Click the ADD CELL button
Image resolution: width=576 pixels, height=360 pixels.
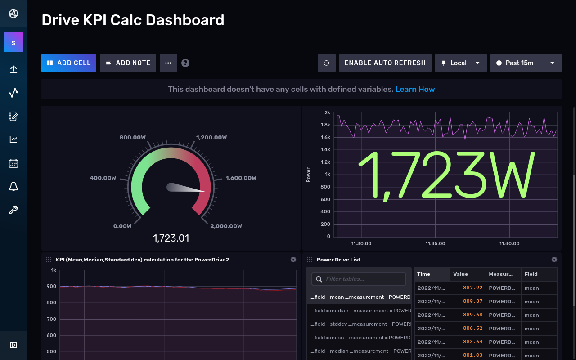pos(69,63)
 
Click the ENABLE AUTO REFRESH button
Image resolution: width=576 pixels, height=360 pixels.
pos(385,63)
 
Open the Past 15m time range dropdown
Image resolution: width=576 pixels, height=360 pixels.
pos(526,63)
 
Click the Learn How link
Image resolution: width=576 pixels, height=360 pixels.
pos(415,89)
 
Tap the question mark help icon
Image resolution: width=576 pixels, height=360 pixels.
pos(185,63)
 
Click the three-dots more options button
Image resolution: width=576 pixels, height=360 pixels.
pos(168,63)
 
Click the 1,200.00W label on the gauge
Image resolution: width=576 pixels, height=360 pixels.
pos(211,138)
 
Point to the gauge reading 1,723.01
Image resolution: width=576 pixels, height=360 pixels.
pos(171,238)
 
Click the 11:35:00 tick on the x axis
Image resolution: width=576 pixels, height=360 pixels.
pos(435,243)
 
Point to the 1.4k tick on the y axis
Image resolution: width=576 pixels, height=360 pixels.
pos(325,149)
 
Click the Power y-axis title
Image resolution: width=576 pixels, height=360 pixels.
pos(308,175)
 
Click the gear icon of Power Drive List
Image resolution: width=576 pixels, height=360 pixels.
pos(554,260)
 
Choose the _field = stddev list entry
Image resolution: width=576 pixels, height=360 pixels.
pos(359,324)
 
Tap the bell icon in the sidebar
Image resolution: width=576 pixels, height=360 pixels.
pos(13,187)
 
